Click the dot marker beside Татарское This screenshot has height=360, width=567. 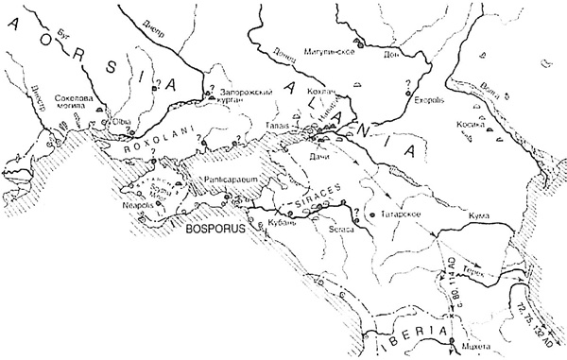tap(375, 214)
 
